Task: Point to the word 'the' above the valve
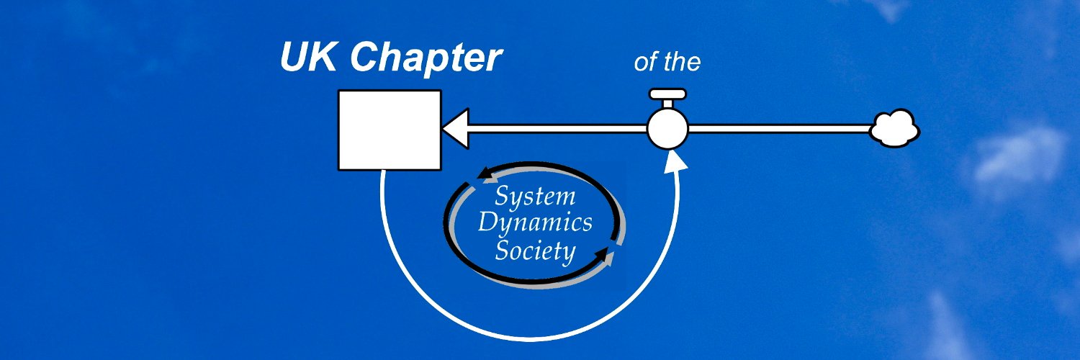pos(681,62)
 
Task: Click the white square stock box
pos(390,130)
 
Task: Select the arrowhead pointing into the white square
pos(456,129)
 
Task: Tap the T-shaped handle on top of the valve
pos(667,94)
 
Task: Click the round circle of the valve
pos(667,129)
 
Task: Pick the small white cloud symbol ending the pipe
pos(894,130)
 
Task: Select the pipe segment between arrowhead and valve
pos(558,129)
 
